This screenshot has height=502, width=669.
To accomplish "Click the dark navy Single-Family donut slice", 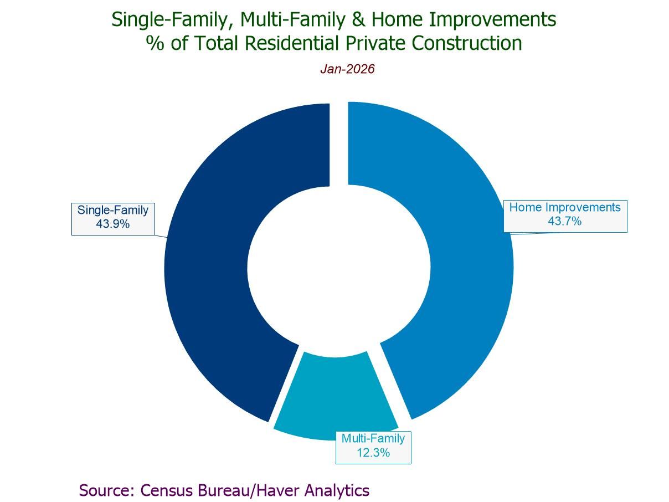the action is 207,265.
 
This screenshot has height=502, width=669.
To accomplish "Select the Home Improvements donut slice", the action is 470,265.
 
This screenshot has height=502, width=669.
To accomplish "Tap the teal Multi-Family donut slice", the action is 335,396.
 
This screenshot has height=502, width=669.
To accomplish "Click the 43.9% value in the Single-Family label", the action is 113,224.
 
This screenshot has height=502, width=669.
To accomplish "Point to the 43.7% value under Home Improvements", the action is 565,221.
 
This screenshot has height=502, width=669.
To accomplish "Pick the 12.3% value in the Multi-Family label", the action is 373,453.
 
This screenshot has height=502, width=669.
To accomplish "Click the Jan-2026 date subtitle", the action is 347,69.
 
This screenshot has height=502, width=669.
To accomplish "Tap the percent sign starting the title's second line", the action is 155,43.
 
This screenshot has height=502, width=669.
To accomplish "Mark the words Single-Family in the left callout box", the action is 113,211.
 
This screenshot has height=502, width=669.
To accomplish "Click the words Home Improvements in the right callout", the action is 565,207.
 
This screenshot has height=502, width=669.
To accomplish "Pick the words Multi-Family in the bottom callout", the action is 373,439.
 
